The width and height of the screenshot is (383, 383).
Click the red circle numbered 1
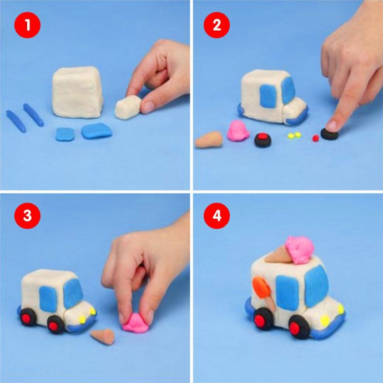coord(27,25)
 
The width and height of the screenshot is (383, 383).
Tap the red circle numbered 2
coord(216,25)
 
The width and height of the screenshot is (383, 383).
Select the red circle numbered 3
coord(27,216)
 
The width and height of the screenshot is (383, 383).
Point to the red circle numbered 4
coord(216,216)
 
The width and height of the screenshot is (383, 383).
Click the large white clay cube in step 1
coord(77,92)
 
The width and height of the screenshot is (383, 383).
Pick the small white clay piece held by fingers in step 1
coord(128,108)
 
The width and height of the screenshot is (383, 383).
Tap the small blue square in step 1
coord(65,134)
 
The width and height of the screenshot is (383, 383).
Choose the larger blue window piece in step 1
coord(97,131)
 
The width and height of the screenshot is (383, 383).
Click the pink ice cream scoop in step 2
coord(238,130)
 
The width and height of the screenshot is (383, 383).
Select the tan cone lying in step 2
coord(209,140)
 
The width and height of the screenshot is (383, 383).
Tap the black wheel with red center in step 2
coord(263,140)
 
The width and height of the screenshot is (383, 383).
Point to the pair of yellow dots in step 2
coord(294,135)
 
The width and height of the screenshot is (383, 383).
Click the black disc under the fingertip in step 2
coord(329,134)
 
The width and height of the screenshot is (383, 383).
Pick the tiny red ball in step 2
coord(316,138)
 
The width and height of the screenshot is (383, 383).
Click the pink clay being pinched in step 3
coord(135,323)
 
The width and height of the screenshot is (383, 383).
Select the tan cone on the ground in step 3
coord(103,336)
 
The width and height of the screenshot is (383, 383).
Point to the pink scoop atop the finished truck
coord(300,250)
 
